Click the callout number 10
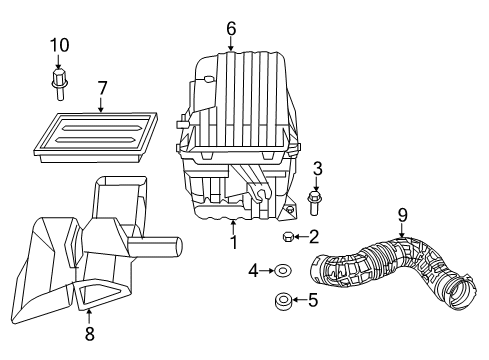[61, 44]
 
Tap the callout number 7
[102, 90]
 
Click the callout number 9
[402, 213]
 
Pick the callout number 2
[313, 237]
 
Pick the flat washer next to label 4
[283, 269]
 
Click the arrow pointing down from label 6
[231, 44]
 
